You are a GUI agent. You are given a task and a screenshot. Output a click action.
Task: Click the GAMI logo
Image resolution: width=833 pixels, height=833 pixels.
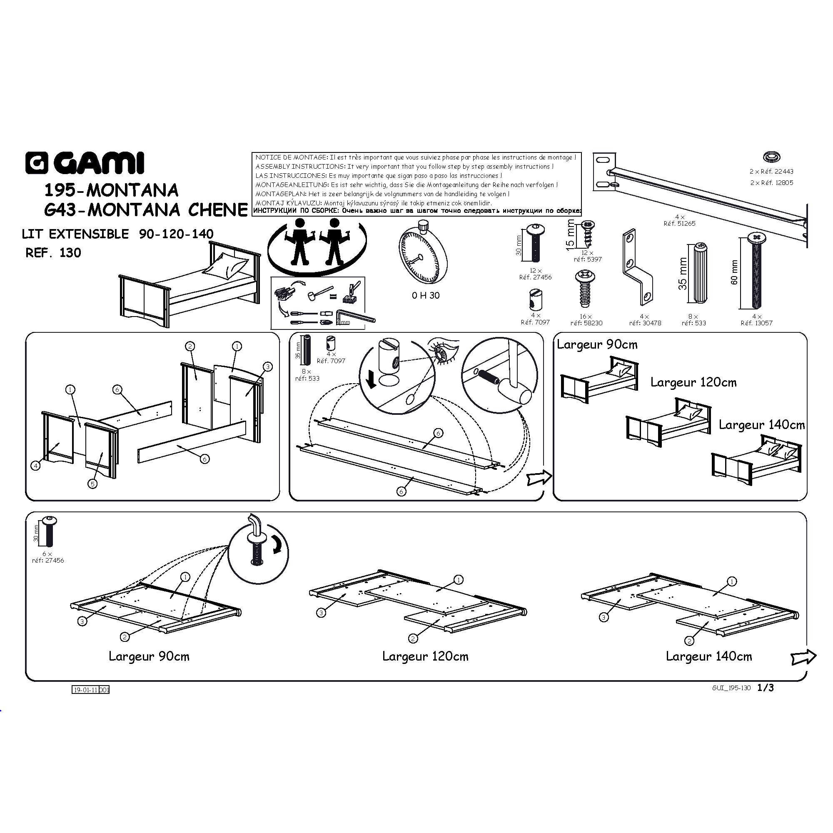[x=85, y=163]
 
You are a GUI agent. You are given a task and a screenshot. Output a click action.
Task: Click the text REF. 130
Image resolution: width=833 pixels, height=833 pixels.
[x=53, y=253]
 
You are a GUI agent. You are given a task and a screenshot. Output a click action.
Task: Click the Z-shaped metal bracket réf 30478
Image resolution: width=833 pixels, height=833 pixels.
[x=637, y=267]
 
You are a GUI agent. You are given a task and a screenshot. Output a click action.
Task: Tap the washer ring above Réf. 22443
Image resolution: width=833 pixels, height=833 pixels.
[x=771, y=157]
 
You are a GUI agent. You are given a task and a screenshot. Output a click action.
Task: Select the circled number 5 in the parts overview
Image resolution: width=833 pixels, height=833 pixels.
[x=93, y=484]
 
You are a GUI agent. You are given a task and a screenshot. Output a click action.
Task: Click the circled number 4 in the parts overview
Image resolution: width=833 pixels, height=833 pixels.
[x=36, y=466]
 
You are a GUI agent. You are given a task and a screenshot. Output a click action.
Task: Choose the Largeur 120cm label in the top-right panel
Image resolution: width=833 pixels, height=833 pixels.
[x=693, y=382]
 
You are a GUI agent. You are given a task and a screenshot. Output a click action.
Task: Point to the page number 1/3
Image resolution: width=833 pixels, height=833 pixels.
[x=766, y=688]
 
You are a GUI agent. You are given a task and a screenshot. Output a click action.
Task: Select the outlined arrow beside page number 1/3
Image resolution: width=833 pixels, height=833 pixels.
[x=803, y=657]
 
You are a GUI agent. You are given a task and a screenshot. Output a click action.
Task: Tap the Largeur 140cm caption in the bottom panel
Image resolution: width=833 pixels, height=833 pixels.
[x=708, y=657]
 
